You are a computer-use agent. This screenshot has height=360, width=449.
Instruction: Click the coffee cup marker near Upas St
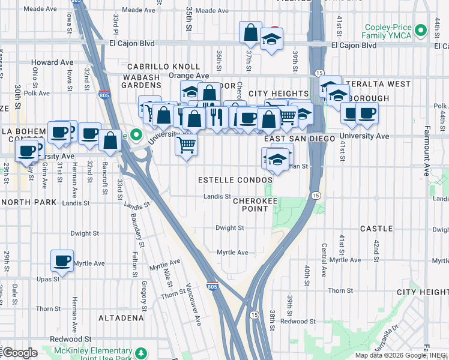coord(62,260)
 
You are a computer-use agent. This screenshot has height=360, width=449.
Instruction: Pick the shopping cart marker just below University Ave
coord(187,144)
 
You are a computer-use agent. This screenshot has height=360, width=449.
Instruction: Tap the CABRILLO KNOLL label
coord(163,67)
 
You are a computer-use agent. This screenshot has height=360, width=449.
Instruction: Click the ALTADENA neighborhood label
coord(121,317)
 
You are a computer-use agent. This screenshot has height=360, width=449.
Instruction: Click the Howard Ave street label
coord(52,62)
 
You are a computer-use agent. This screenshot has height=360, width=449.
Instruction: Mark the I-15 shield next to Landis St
coord(315,195)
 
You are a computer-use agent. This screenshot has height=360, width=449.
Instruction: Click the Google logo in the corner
coord(20,352)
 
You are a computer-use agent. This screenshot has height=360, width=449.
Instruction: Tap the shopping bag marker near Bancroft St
coord(110,141)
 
